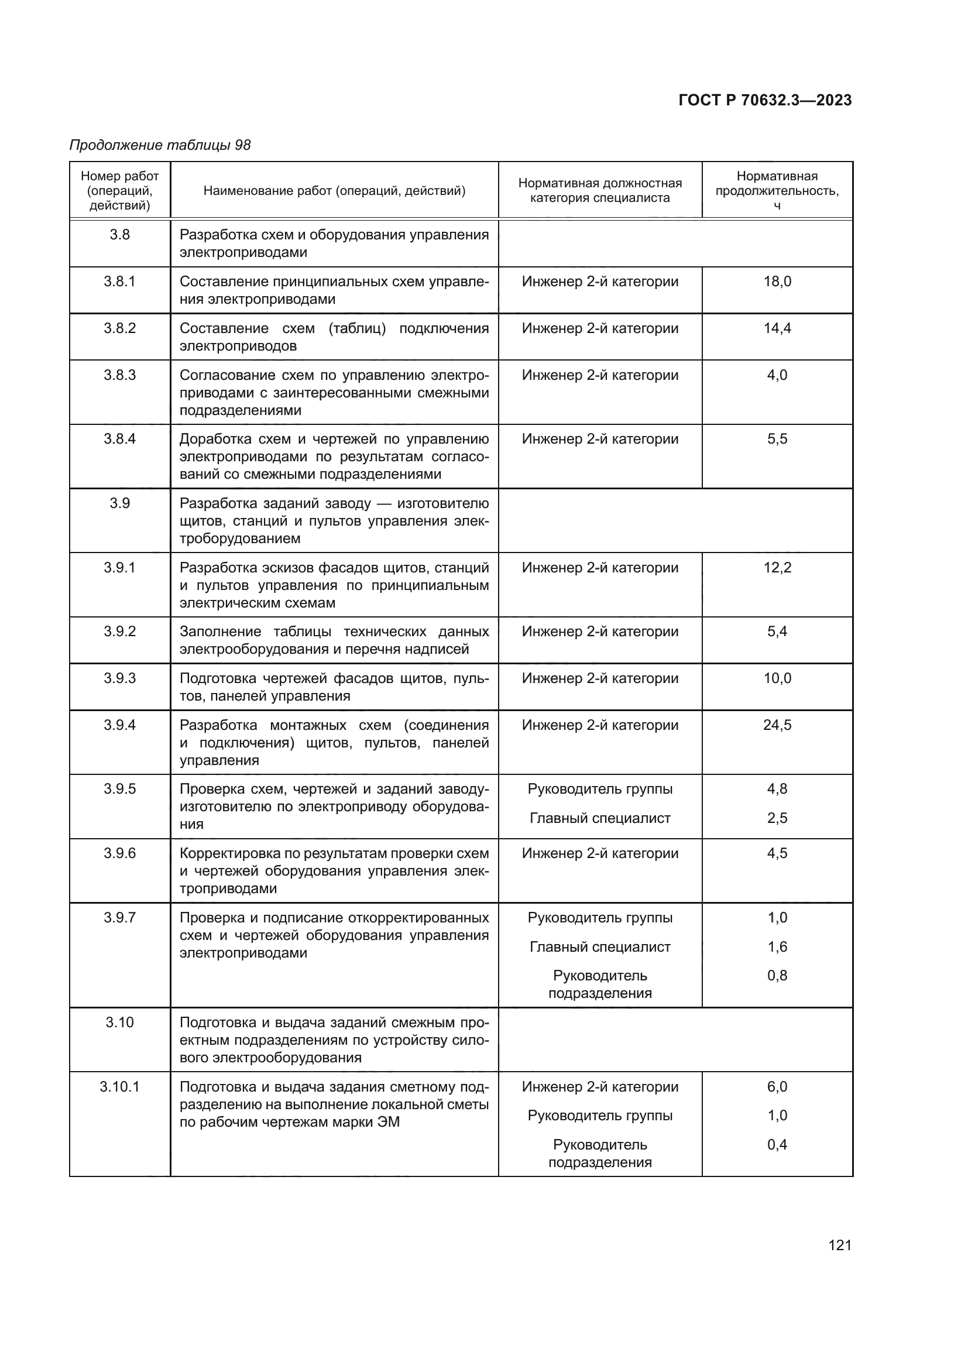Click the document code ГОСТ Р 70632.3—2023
click(x=765, y=101)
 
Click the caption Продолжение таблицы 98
click(x=160, y=145)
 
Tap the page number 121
click(x=839, y=1245)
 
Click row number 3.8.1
click(x=120, y=282)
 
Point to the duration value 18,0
click(x=777, y=282)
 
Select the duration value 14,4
click(x=777, y=328)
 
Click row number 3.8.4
click(x=120, y=439)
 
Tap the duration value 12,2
click(x=777, y=568)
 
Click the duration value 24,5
click(x=777, y=725)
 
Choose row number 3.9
click(x=120, y=503)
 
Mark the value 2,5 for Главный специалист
click(x=777, y=818)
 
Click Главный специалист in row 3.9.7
click(x=600, y=947)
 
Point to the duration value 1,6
click(x=777, y=947)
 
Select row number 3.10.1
click(x=120, y=1087)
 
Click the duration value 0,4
click(x=777, y=1145)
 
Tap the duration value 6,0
click(x=777, y=1087)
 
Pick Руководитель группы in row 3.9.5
click(x=600, y=789)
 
